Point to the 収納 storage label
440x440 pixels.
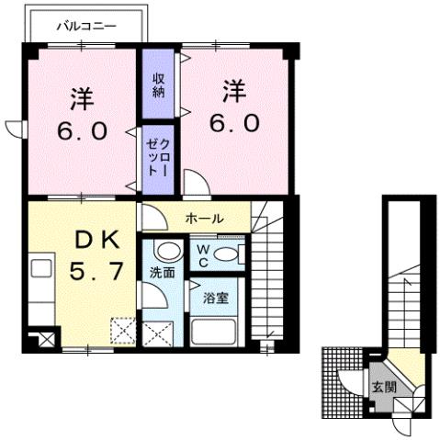(158, 84)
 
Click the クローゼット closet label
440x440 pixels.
(158, 158)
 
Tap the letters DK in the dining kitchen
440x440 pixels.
(97, 242)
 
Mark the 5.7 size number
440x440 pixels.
(97, 273)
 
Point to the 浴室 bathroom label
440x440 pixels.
(216, 299)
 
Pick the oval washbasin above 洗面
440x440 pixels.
(166, 251)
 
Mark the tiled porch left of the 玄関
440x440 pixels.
(334, 382)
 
